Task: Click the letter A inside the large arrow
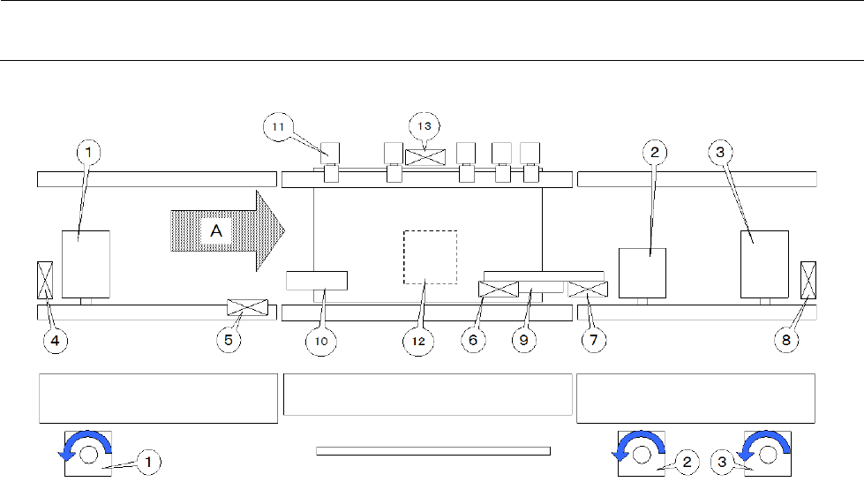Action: coord(215,230)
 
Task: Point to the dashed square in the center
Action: coord(430,257)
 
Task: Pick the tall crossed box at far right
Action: coord(808,279)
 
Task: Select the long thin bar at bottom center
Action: coord(432,451)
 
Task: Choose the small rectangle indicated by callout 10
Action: coord(317,282)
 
